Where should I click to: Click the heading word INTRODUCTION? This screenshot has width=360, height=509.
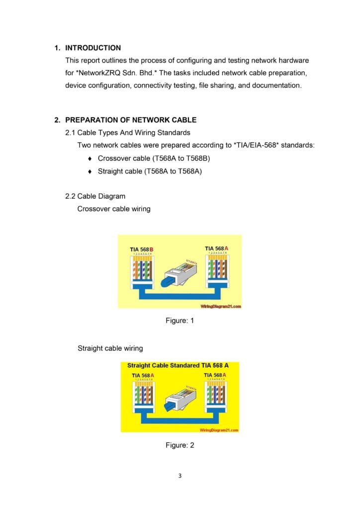[93, 48]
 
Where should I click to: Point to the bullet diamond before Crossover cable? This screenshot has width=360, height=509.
[89, 159]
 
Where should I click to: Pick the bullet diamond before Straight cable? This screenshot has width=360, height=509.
[89, 171]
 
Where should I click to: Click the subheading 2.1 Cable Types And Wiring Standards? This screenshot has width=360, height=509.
[127, 133]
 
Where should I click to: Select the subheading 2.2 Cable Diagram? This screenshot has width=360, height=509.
[95, 196]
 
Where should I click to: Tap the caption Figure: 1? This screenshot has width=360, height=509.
[180, 321]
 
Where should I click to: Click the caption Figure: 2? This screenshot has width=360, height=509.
[180, 445]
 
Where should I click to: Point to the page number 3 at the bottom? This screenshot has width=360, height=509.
[180, 476]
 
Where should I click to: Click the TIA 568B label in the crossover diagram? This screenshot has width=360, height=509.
[142, 249]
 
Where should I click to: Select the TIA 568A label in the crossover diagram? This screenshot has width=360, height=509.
[217, 248]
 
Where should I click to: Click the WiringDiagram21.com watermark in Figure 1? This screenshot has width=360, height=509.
[221, 306]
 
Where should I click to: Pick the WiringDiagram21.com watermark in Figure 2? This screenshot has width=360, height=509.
[219, 430]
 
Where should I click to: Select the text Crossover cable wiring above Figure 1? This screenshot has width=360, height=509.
[114, 209]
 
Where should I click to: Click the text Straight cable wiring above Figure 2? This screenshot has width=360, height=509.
[110, 348]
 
